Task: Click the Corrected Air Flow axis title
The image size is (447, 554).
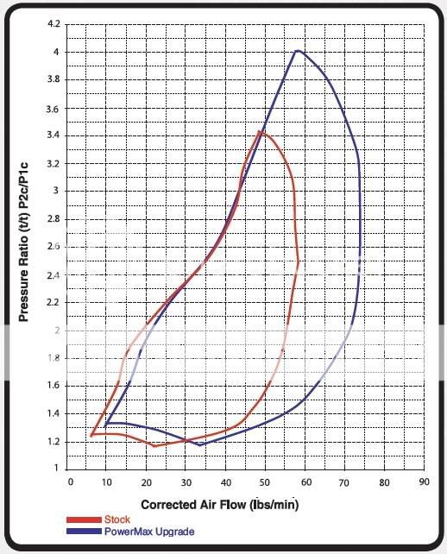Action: (219, 503)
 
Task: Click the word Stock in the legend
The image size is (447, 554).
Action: (117, 519)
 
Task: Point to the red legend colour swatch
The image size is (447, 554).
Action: (84, 520)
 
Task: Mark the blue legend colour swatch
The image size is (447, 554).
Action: (84, 532)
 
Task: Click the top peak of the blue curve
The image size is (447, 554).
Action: (297, 51)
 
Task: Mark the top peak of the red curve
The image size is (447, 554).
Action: (259, 132)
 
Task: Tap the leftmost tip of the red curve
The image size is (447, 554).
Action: (91, 436)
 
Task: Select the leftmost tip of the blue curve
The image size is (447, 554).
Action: (105, 425)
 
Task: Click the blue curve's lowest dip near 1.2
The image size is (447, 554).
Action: (201, 445)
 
